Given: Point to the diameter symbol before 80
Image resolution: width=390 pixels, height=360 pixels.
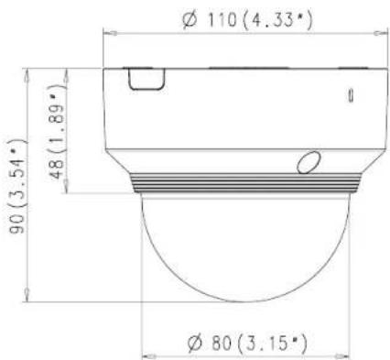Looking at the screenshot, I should tap(194, 344).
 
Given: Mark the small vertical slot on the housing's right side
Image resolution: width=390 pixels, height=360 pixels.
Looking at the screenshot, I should tap(351, 93).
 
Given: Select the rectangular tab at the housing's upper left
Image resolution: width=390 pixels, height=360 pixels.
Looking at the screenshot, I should tap(140, 80).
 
